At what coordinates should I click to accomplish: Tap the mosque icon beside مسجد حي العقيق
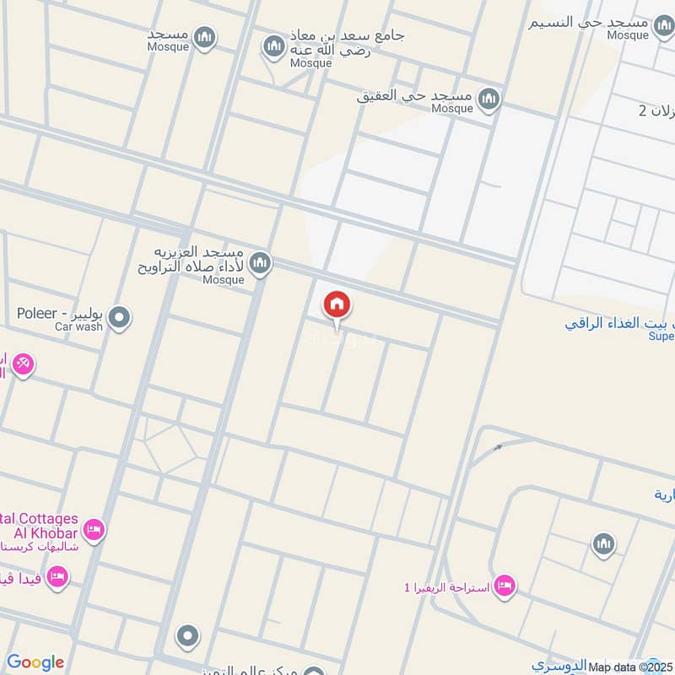489,101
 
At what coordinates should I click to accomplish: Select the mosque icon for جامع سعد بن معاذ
273,46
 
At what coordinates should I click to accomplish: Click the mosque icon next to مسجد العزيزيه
261,263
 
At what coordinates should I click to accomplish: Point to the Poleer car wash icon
121,318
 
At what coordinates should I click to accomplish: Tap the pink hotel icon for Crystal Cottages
94,529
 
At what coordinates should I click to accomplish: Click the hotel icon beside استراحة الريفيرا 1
504,585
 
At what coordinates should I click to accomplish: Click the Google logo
35,662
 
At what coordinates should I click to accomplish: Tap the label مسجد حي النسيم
589,22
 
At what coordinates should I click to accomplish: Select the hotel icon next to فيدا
57,577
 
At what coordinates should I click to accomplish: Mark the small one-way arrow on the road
498,447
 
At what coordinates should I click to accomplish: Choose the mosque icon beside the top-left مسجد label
204,37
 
